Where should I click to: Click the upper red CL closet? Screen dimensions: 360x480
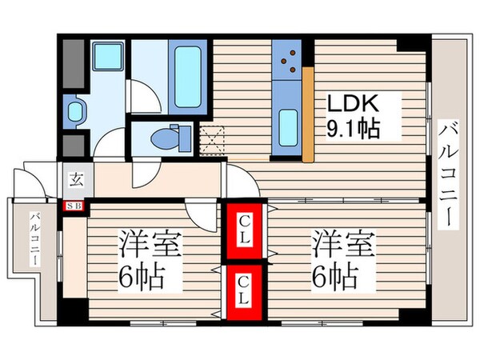pyautogui.click(x=246, y=231)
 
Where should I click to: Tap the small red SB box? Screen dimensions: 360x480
pyautogui.click(x=73, y=206)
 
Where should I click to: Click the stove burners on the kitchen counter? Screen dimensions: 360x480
pyautogui.click(x=287, y=58)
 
